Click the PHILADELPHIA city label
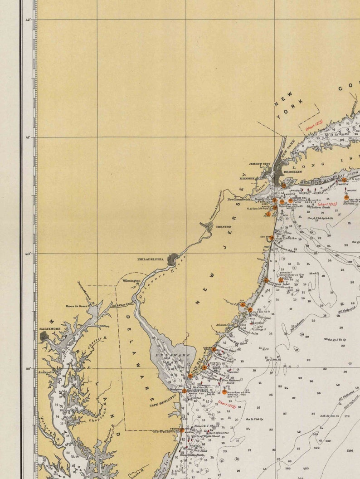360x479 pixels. point(150,259)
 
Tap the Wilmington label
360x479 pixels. point(131,281)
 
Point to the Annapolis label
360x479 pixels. point(46,372)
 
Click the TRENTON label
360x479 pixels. point(223,226)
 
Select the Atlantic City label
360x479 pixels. point(225,325)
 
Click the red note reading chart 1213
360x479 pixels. point(313,125)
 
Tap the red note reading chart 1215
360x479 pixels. point(327,205)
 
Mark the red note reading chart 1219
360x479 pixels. point(227,403)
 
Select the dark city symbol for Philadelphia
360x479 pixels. point(173,260)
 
